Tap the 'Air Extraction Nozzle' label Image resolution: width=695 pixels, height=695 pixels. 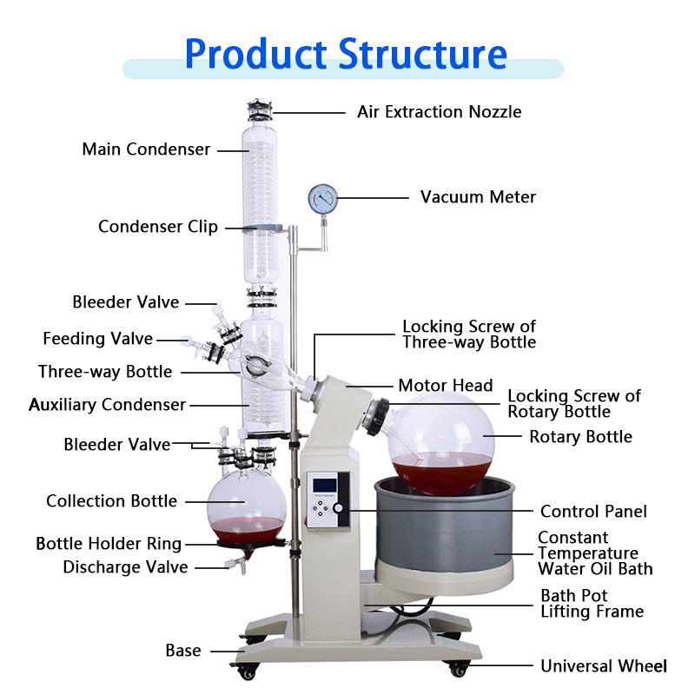pyautogui.click(x=439, y=112)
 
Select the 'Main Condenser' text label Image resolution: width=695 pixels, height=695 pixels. pyautogui.click(x=146, y=149)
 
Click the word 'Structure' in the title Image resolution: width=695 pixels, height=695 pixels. pyautogui.click(x=423, y=53)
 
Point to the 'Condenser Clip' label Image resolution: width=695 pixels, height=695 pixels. pyautogui.click(x=158, y=227)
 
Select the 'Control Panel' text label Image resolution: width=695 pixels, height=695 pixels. pyautogui.click(x=593, y=511)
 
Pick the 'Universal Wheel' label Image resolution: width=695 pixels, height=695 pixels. pyautogui.click(x=604, y=666)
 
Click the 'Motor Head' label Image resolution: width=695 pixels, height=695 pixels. pyautogui.click(x=445, y=385)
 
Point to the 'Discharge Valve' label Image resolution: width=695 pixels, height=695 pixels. pyautogui.click(x=125, y=567)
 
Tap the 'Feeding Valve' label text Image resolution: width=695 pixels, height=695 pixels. pyautogui.click(x=97, y=339)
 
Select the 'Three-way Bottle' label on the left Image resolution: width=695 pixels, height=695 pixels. pyautogui.click(x=105, y=372)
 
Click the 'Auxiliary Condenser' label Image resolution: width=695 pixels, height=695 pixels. pyautogui.click(x=107, y=405)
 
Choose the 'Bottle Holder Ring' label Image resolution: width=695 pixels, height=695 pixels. pyautogui.click(x=109, y=544)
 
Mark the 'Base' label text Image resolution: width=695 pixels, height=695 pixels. pyautogui.click(x=183, y=651)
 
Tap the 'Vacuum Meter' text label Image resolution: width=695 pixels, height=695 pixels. pyautogui.click(x=478, y=197)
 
